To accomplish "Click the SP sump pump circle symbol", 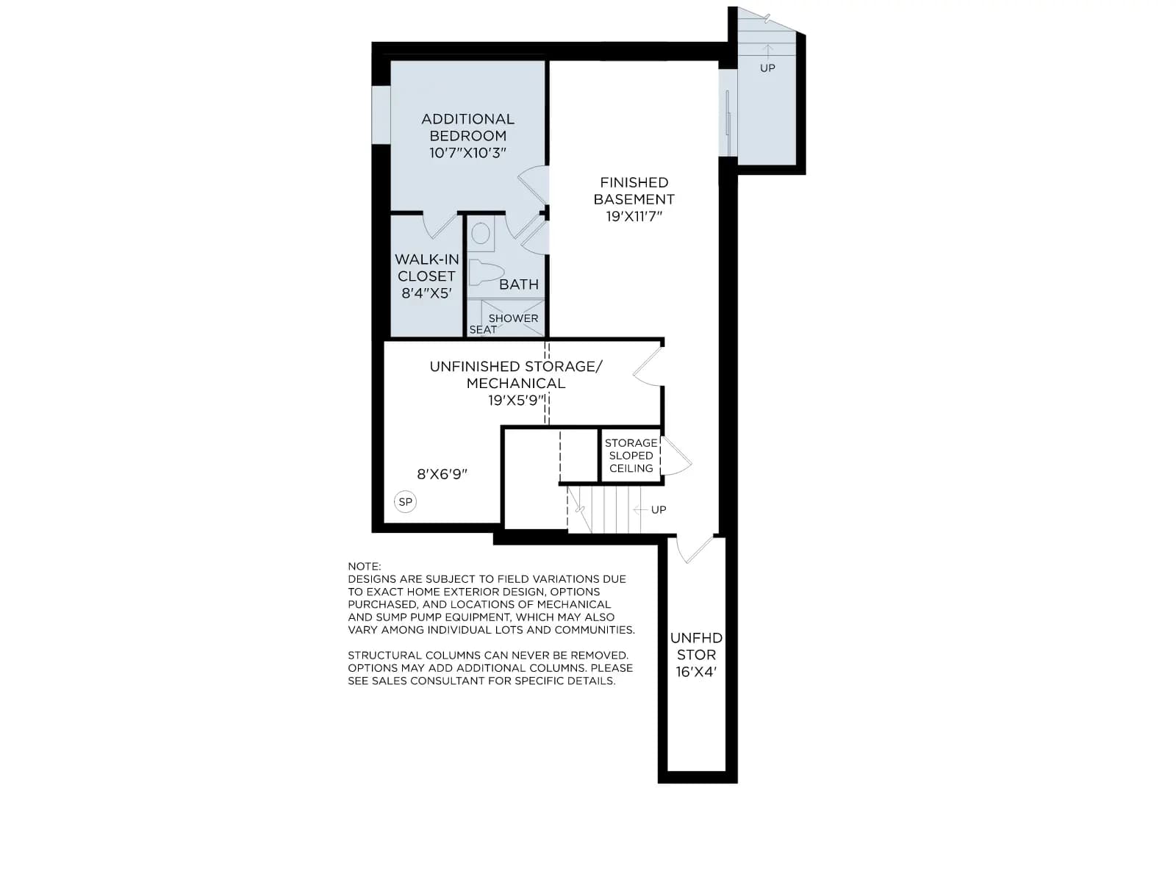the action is (405, 502).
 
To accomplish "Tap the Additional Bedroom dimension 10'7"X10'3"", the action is (467, 153).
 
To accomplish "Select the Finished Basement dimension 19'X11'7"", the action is (634, 216).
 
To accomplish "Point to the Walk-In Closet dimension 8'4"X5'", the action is (426, 293).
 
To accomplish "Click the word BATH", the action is (519, 284).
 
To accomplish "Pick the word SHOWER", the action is (513, 318).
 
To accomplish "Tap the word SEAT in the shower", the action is (483, 330).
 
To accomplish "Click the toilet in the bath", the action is (485, 273).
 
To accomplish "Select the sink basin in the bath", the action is (481, 234).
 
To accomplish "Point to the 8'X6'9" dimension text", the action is (442, 475).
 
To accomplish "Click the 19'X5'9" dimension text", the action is (516, 401).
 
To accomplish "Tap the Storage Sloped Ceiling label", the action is (631, 456).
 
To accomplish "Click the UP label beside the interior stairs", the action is (659, 510).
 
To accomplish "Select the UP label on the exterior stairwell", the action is (767, 68).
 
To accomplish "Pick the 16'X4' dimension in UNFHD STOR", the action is (696, 672).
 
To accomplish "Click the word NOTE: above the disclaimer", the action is (365, 566).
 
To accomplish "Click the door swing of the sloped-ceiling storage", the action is (676, 456).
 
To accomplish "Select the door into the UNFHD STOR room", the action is (695, 549).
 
